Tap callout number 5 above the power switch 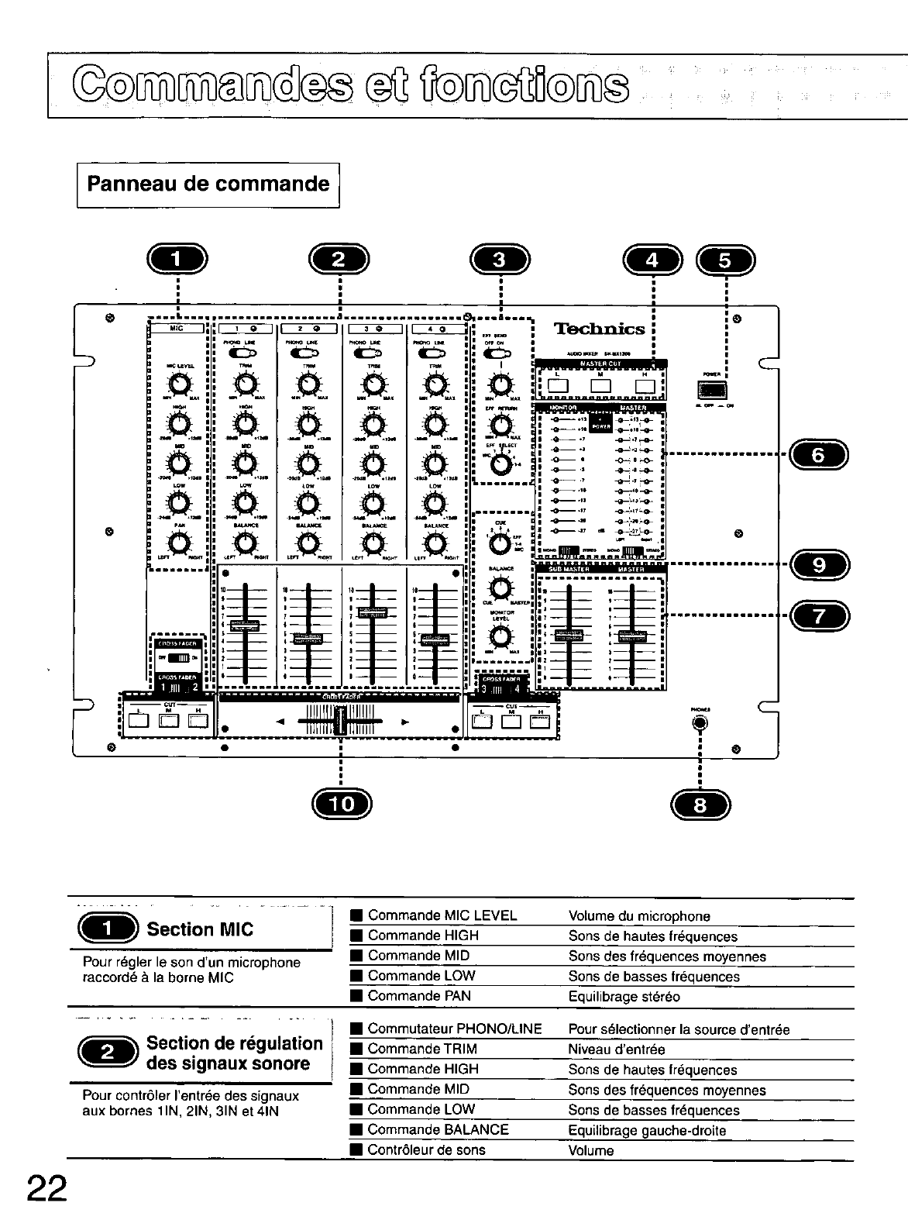[726, 260]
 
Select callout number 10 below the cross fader [341, 804]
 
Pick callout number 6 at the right [818, 455]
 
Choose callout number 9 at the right [818, 564]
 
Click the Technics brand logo [600, 329]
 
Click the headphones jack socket [700, 724]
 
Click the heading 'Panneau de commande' [208, 184]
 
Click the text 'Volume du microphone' [639, 916]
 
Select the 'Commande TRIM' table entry [422, 1049]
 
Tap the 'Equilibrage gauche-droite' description [647, 1130]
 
